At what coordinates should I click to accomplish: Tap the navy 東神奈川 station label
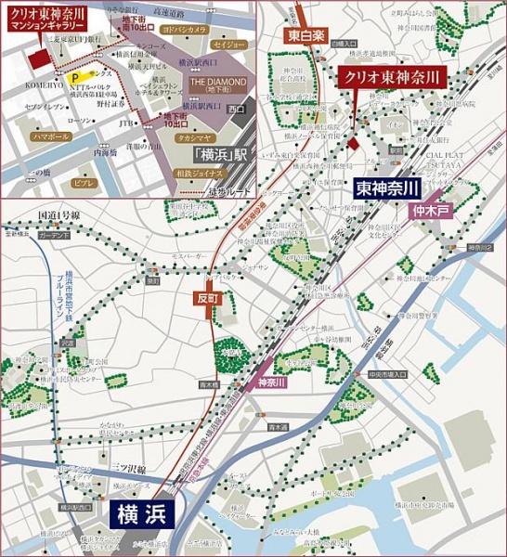point(387,188)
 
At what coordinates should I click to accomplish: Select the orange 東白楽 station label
point(305,36)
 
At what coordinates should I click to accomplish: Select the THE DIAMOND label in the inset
point(218,82)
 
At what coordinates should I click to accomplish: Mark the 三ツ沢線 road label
point(129,470)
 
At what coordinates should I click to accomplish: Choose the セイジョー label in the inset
point(228,44)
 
